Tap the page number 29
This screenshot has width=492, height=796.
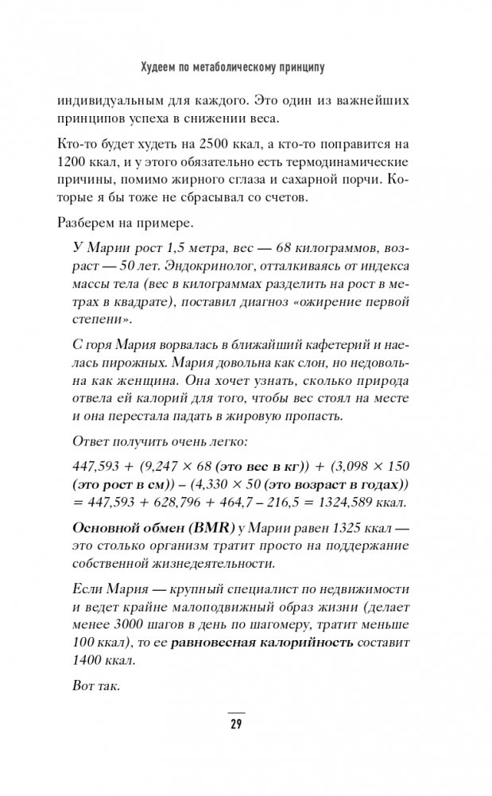click(x=236, y=724)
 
